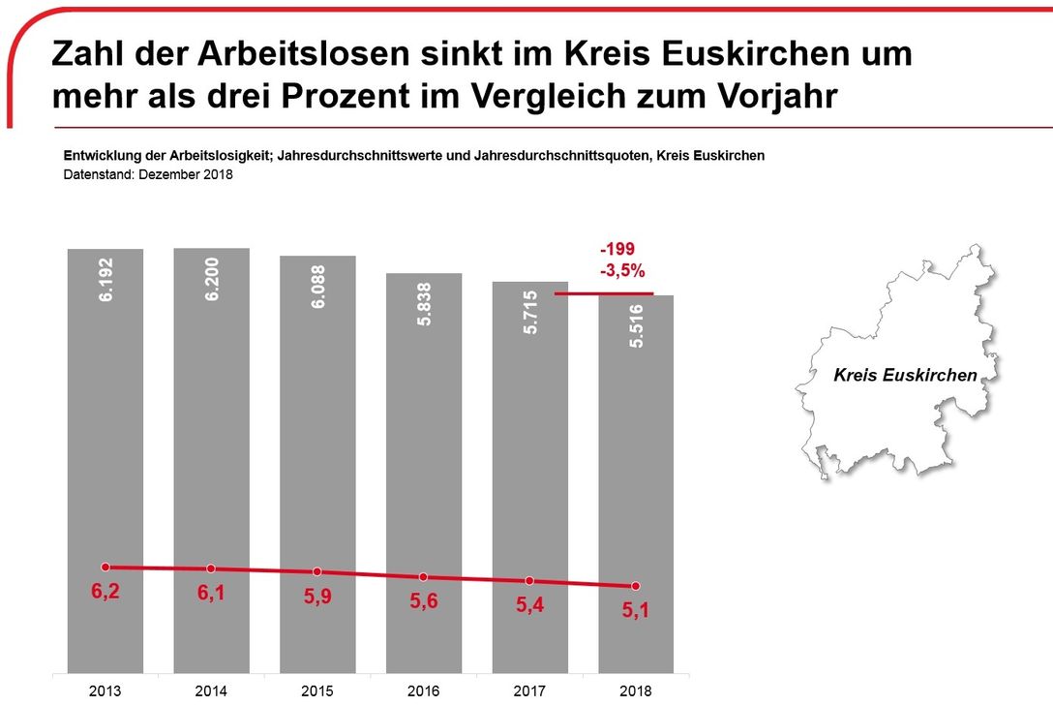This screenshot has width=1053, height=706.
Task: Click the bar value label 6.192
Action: (105, 279)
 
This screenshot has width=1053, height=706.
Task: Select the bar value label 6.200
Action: (212, 279)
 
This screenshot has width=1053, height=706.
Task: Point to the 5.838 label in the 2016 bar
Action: (424, 303)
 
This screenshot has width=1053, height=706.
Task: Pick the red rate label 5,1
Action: (637, 611)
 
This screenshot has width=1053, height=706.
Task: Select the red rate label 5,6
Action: (424, 601)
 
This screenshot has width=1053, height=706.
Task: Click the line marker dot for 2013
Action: (105, 567)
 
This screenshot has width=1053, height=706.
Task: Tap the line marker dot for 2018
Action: (636, 586)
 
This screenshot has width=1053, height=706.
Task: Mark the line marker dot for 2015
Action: (317, 571)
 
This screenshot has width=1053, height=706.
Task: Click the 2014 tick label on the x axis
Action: (212, 691)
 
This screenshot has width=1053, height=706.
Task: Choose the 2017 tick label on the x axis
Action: (530, 691)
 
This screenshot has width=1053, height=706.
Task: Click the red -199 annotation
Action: (617, 250)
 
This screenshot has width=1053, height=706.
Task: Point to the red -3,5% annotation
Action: (621, 271)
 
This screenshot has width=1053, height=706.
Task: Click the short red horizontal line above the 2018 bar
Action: (604, 292)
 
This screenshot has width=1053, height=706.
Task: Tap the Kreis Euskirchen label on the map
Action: (905, 375)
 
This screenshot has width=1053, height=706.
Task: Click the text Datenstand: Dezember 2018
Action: (148, 175)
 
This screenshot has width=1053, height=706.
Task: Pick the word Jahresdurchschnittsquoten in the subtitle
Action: (536, 156)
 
